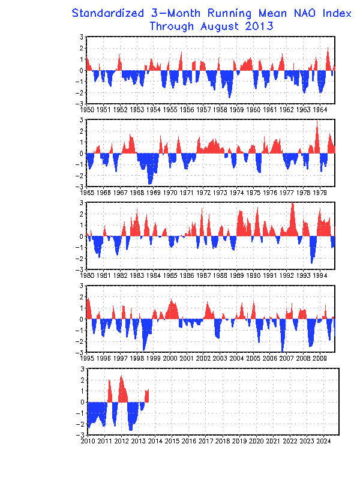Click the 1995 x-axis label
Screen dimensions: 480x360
point(87,358)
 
